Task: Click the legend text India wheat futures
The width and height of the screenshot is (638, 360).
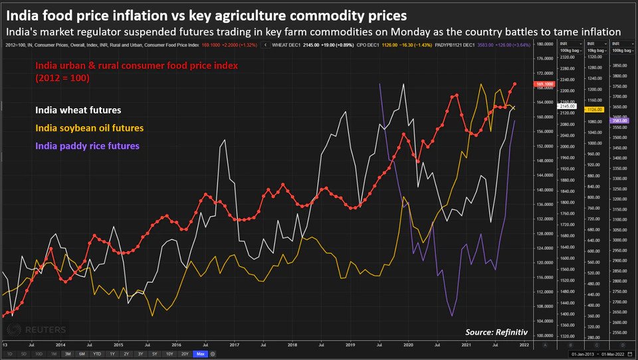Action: [78, 110]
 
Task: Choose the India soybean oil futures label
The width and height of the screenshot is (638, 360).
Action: [89, 128]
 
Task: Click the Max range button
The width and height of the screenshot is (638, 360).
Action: [199, 354]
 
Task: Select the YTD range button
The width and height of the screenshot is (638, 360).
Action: [97, 354]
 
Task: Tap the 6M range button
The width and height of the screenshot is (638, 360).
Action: [82, 354]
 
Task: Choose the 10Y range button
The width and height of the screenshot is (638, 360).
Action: [169, 354]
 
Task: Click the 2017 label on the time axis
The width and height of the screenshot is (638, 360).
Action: [235, 345]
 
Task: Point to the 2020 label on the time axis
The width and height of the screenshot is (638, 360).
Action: [409, 345]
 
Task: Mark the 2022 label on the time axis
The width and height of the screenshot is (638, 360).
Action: [524, 345]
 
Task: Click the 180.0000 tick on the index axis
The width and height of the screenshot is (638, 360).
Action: [544, 44]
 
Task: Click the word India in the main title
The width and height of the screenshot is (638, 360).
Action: [22, 13]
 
